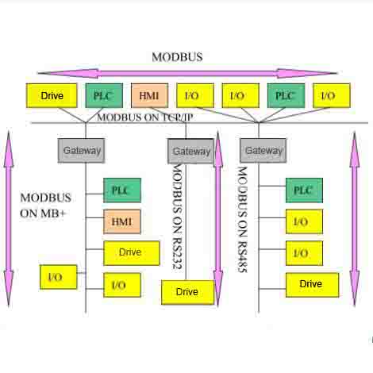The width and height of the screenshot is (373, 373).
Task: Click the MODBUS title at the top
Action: coord(177,57)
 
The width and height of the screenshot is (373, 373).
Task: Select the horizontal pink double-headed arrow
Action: coord(187,73)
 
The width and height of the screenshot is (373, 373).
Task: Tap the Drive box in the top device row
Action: coord(52,95)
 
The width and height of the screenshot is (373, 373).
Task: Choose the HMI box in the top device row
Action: coord(149,95)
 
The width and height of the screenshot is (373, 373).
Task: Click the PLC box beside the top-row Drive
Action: coord(104,95)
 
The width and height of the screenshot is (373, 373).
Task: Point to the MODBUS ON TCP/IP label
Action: coord(145,117)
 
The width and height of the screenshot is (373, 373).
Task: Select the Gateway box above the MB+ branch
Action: coord(81,151)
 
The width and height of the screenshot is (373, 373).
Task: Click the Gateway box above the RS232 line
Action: coord(190,152)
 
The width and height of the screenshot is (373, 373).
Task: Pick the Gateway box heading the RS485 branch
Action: coord(263,151)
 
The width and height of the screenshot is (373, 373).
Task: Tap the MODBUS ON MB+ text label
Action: coord(45,206)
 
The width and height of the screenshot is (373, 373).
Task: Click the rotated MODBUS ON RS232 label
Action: coord(177,217)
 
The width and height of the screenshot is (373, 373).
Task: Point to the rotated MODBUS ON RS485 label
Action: coord(242,220)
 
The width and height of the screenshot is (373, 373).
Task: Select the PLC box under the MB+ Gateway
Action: coord(122,190)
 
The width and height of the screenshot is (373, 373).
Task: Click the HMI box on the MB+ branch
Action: coord(122,221)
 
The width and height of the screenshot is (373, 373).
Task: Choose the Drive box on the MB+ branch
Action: coord(132,253)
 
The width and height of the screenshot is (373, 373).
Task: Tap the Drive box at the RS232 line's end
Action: coord(187,292)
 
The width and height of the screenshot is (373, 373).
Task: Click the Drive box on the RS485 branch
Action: coord(312,285)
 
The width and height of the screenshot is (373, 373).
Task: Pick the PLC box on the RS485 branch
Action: coord(304,190)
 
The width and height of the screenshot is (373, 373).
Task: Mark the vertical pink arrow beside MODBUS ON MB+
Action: coord(9,218)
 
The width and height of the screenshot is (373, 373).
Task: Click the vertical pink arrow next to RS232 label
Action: coord(218,218)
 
